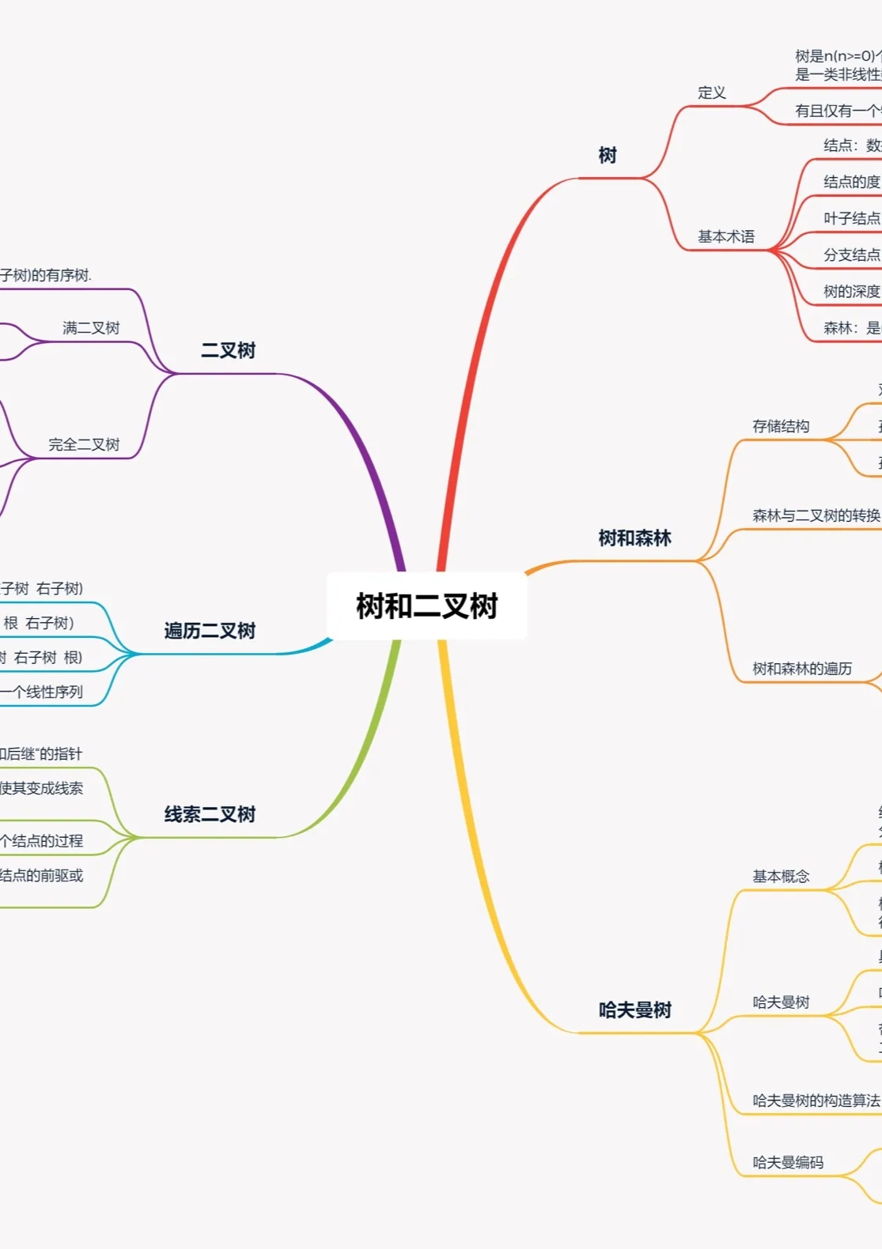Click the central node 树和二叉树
(426, 606)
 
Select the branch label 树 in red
(607, 155)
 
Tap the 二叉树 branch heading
(228, 350)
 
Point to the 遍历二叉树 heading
(210, 631)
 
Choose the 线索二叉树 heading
(210, 814)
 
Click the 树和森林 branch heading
(634, 538)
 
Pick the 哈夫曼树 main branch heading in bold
(634, 1010)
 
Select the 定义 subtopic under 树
(711, 92)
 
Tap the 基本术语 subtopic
(725, 236)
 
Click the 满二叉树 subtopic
(91, 328)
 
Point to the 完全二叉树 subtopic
(84, 444)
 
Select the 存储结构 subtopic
(780, 426)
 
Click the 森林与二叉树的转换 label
(816, 515)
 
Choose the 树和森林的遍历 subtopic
(801, 669)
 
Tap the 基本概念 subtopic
(780, 876)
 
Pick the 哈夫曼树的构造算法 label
(816, 1100)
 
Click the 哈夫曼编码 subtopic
(787, 1162)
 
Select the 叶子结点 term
(851, 218)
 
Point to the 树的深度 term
(851, 292)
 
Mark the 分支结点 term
(851, 255)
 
